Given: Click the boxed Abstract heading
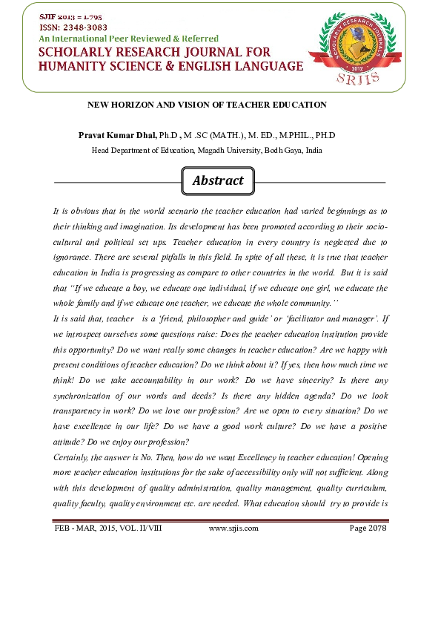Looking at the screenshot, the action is point(218,181).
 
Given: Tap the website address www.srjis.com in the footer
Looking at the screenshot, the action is point(233,529).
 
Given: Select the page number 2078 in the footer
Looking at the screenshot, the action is point(377,529).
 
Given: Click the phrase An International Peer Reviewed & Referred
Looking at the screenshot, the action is point(128,38).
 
